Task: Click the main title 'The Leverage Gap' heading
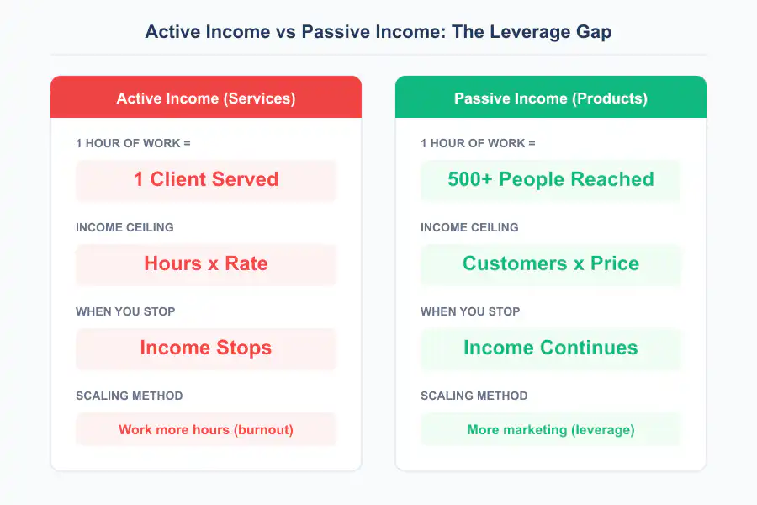(378, 32)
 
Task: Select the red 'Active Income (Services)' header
(206, 98)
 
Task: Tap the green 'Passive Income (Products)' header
(551, 98)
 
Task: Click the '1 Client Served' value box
(206, 179)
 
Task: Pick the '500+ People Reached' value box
(551, 179)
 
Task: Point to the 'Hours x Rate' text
(206, 263)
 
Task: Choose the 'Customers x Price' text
(551, 263)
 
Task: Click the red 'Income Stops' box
(206, 348)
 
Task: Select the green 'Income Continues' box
(551, 348)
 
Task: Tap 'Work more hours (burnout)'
(206, 429)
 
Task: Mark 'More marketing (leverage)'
(551, 429)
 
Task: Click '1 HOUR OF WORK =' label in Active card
(133, 143)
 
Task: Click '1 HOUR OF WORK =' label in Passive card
(478, 143)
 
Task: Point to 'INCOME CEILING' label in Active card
(124, 227)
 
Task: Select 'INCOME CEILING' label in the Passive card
(469, 227)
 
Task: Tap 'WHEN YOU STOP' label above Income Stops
(125, 311)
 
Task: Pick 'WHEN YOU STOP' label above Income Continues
(470, 311)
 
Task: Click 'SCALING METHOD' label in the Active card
(129, 396)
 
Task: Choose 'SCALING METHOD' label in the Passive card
(474, 396)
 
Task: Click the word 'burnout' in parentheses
(263, 429)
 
